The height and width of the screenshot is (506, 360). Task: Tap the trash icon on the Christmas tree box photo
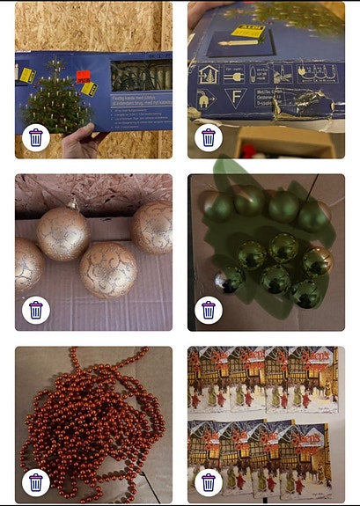tap(35, 137)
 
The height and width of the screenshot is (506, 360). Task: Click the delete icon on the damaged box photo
tap(208, 137)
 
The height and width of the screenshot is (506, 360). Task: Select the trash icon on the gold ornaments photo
tap(35, 309)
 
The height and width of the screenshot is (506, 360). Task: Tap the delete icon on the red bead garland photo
tap(35, 481)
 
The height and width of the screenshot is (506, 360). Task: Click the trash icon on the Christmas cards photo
tap(208, 481)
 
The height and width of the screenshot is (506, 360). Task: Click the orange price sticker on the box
tap(83, 77)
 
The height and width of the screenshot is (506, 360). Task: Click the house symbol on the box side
tap(210, 73)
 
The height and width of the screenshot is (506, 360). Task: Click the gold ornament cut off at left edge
tap(26, 264)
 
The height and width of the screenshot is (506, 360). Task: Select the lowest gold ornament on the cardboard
tap(108, 269)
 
